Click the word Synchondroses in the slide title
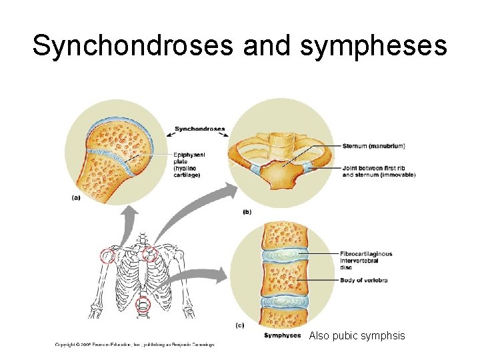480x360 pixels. [133, 46]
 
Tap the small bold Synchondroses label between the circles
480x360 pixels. [199, 129]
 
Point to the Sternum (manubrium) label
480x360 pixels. [373, 146]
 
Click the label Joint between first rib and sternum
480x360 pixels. [378, 171]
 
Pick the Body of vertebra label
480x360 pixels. [363, 280]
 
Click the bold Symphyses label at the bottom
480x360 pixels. [282, 335]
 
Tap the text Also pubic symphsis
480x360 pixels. [357, 336]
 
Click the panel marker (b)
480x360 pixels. [246, 211]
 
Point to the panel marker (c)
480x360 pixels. [240, 325]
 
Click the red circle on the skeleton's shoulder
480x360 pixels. [107, 255]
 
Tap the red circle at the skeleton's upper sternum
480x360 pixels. [150, 253]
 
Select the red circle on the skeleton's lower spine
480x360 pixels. [143, 305]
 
